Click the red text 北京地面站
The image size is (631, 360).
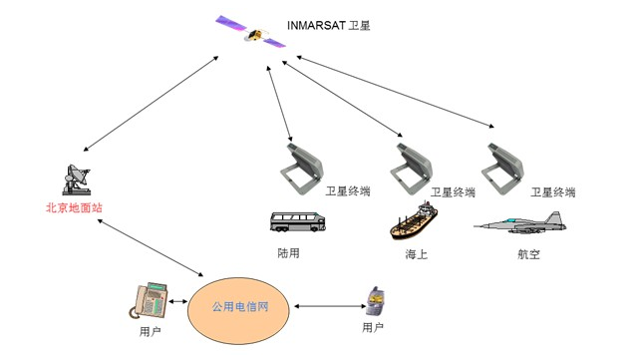click(74, 207)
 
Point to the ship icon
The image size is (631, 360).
click(413, 221)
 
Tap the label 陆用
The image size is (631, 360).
click(288, 253)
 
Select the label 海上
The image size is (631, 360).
click(416, 254)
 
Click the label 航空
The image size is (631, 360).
click(528, 254)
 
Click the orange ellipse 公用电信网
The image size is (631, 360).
click(242, 306)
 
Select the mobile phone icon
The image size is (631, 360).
click(377, 300)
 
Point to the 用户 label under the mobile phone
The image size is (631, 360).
click(373, 327)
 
